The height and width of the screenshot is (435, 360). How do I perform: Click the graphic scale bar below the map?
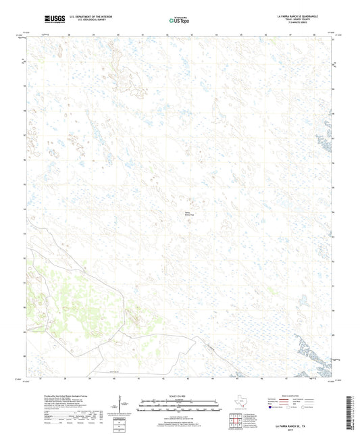[x=179, y=406]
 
